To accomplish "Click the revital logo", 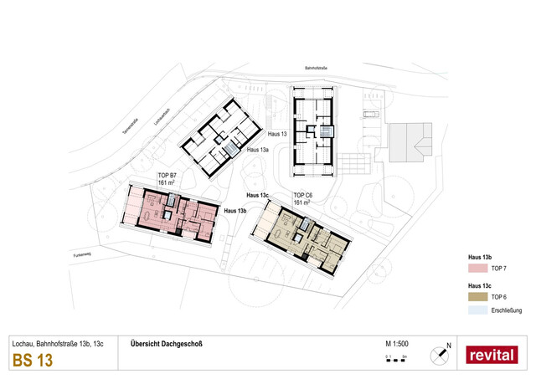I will [x=492, y=355].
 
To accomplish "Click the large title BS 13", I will [x=33, y=361].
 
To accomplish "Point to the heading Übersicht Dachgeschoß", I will [x=167, y=344].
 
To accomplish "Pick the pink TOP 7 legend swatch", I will [x=477, y=268].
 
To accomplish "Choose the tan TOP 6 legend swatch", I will [x=477, y=297].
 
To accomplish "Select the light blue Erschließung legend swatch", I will [x=477, y=310].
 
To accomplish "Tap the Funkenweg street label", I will [x=83, y=254].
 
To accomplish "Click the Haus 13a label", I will [x=259, y=150].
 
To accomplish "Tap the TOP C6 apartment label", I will [x=302, y=196].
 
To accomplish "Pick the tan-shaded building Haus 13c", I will [x=306, y=238].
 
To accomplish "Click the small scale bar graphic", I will [x=396, y=357].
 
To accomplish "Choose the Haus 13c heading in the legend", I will [x=478, y=285].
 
